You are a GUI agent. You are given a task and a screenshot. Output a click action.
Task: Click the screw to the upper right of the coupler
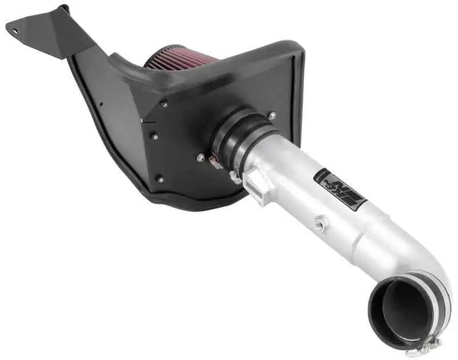pos(272,116)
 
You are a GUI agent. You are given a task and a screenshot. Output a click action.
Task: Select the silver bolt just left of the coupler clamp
pos(200,158)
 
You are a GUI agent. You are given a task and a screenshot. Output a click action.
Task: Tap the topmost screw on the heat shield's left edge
pos(164,104)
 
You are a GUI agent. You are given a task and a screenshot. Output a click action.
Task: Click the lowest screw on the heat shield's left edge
pos(160,178)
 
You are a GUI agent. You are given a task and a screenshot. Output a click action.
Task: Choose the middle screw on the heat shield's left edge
pos(154,136)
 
